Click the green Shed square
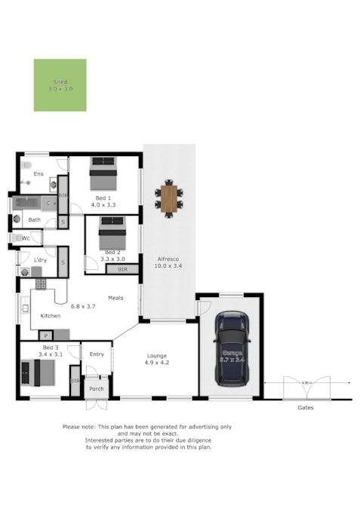click(60, 85)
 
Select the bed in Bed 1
click(103, 174)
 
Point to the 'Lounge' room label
click(157, 355)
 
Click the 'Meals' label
click(115, 297)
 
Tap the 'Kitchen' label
click(50, 315)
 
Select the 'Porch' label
click(97, 389)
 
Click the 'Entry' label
click(97, 354)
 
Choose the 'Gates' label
click(305, 407)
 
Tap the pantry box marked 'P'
click(45, 335)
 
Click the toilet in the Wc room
click(16, 238)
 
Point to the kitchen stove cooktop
click(38, 284)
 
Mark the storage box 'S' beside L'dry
click(63, 262)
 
